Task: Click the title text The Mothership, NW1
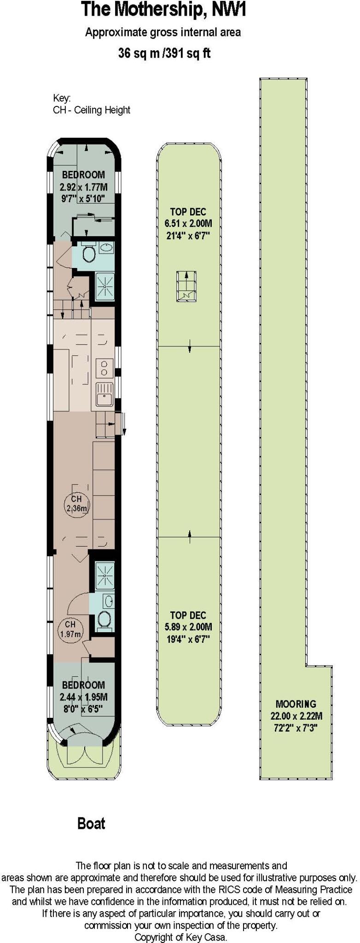pos(163,10)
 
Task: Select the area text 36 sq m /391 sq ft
pos(164,53)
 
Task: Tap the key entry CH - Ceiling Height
pos(92,110)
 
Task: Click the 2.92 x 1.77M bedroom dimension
pos(83,187)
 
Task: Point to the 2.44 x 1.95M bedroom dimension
pos(83,697)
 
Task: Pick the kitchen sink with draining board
pos(105,394)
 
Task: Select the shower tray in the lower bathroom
pos(105,575)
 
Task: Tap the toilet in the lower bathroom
pos(105,620)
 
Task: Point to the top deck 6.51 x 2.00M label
pos(188,224)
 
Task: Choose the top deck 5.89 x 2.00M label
pos(188,627)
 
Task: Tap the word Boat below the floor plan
pos(91,823)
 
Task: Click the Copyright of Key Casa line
pos(180,937)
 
